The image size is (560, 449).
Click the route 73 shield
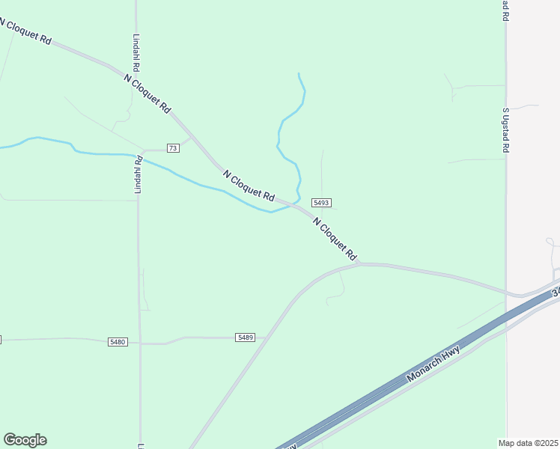tap(173, 148)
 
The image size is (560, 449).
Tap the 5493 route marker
tap(322, 203)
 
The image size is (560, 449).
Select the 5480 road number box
tap(118, 342)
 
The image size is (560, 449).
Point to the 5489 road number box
tap(246, 337)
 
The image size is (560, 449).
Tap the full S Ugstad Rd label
tap(506, 130)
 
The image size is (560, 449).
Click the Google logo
tap(25, 440)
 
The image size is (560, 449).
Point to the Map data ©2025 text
tap(529, 442)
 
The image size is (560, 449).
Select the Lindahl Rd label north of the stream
tap(136, 52)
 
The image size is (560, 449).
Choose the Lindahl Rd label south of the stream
tap(138, 175)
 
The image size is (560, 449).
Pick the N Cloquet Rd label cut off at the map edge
tap(25, 32)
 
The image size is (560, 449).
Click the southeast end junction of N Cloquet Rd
tap(360, 263)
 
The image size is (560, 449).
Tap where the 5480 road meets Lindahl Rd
tap(140, 343)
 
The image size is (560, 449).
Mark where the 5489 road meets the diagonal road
tap(266, 337)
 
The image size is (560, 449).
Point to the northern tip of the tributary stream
tap(299, 73)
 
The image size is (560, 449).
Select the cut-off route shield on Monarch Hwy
tap(556, 293)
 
